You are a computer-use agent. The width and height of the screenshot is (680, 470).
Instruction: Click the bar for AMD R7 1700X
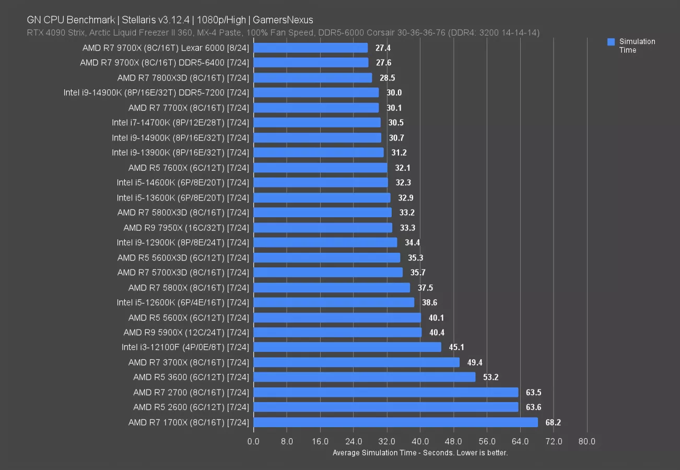point(395,422)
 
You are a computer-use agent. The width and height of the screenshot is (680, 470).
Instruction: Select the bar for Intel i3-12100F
point(347,347)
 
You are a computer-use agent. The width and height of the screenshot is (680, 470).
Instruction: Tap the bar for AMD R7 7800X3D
point(313,78)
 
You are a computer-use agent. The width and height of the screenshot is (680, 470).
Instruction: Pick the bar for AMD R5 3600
point(365,377)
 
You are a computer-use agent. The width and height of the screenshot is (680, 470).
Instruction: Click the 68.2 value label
point(553,422)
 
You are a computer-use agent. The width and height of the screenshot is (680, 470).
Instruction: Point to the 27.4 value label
point(383,48)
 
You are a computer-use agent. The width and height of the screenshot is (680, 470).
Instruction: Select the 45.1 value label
point(456,347)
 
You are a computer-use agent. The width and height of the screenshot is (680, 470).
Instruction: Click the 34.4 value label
point(412,242)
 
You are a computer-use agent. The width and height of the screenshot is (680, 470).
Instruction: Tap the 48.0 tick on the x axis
point(453,442)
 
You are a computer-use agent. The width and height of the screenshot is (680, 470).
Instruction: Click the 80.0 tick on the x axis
point(587,442)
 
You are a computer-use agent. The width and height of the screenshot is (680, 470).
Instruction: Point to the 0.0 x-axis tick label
point(253,442)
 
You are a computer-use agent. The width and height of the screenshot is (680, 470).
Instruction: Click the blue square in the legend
point(611,42)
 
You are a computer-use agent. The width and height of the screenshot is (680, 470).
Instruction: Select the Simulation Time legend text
point(637,46)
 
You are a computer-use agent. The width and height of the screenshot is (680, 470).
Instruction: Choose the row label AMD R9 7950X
point(186,228)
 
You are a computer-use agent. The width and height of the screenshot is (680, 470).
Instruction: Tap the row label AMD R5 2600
point(191,407)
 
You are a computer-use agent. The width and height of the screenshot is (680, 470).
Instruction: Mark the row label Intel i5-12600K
point(183,302)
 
